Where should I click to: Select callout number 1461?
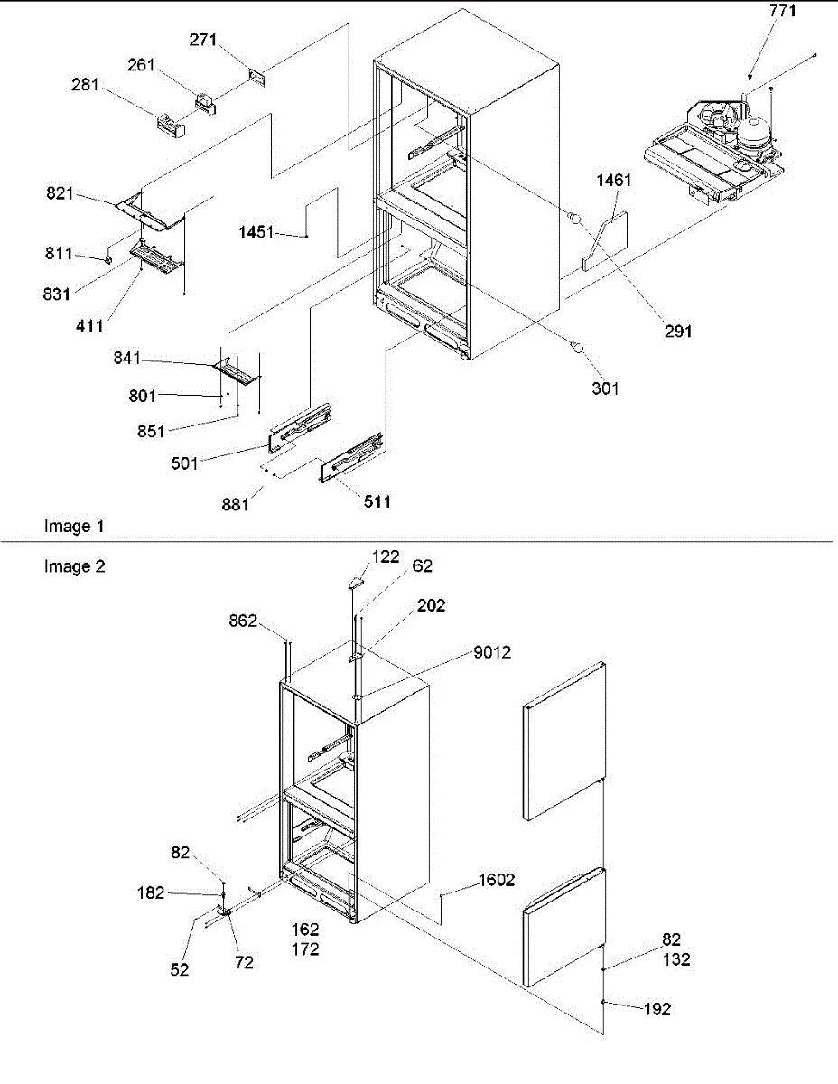point(613,181)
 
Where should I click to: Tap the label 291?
point(677,332)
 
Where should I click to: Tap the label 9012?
point(491,652)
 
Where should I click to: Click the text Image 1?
point(67,526)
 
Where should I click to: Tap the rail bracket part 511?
point(350,456)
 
